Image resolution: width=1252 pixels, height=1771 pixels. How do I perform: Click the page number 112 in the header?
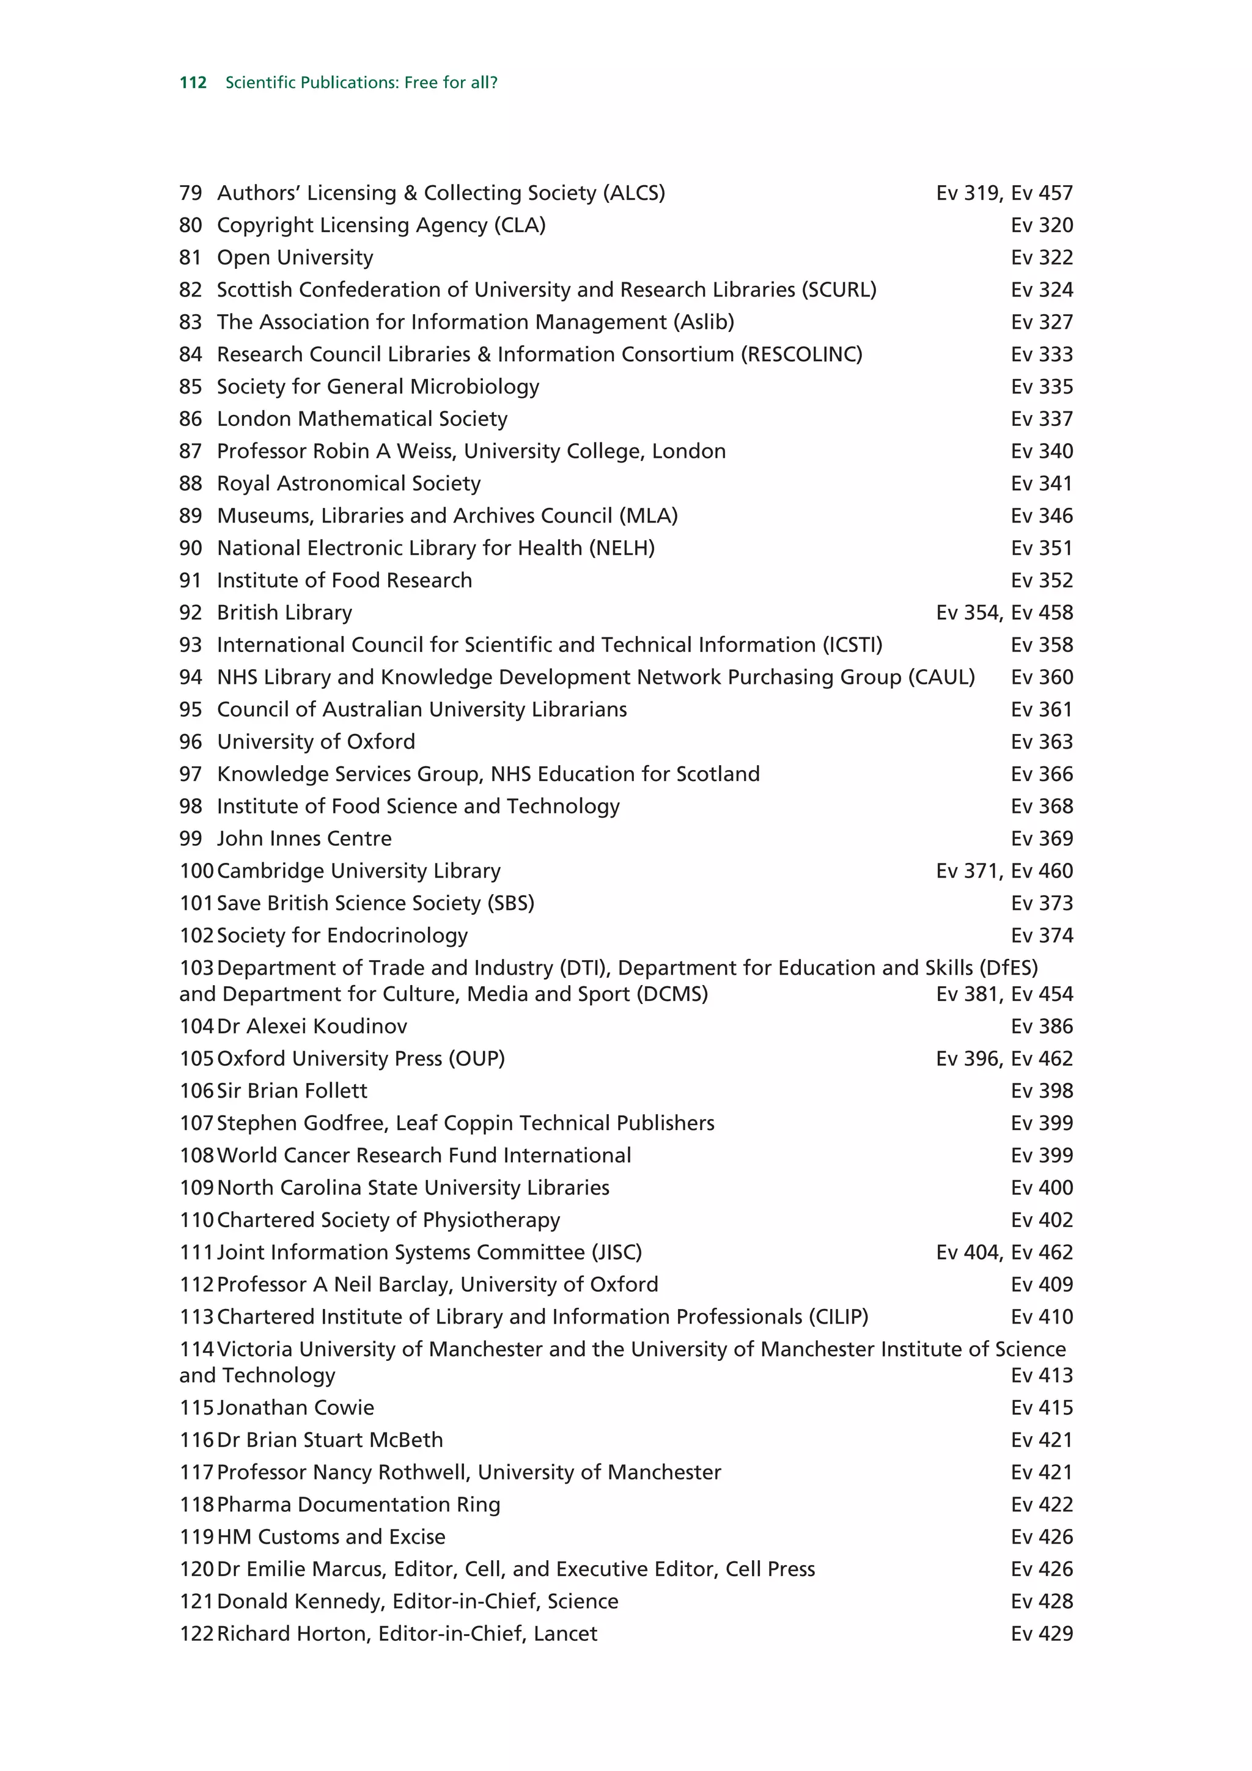(193, 82)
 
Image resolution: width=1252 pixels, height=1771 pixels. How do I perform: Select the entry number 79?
(191, 193)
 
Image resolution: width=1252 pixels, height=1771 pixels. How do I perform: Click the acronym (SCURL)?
(839, 290)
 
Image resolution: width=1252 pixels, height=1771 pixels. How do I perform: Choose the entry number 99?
(191, 839)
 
